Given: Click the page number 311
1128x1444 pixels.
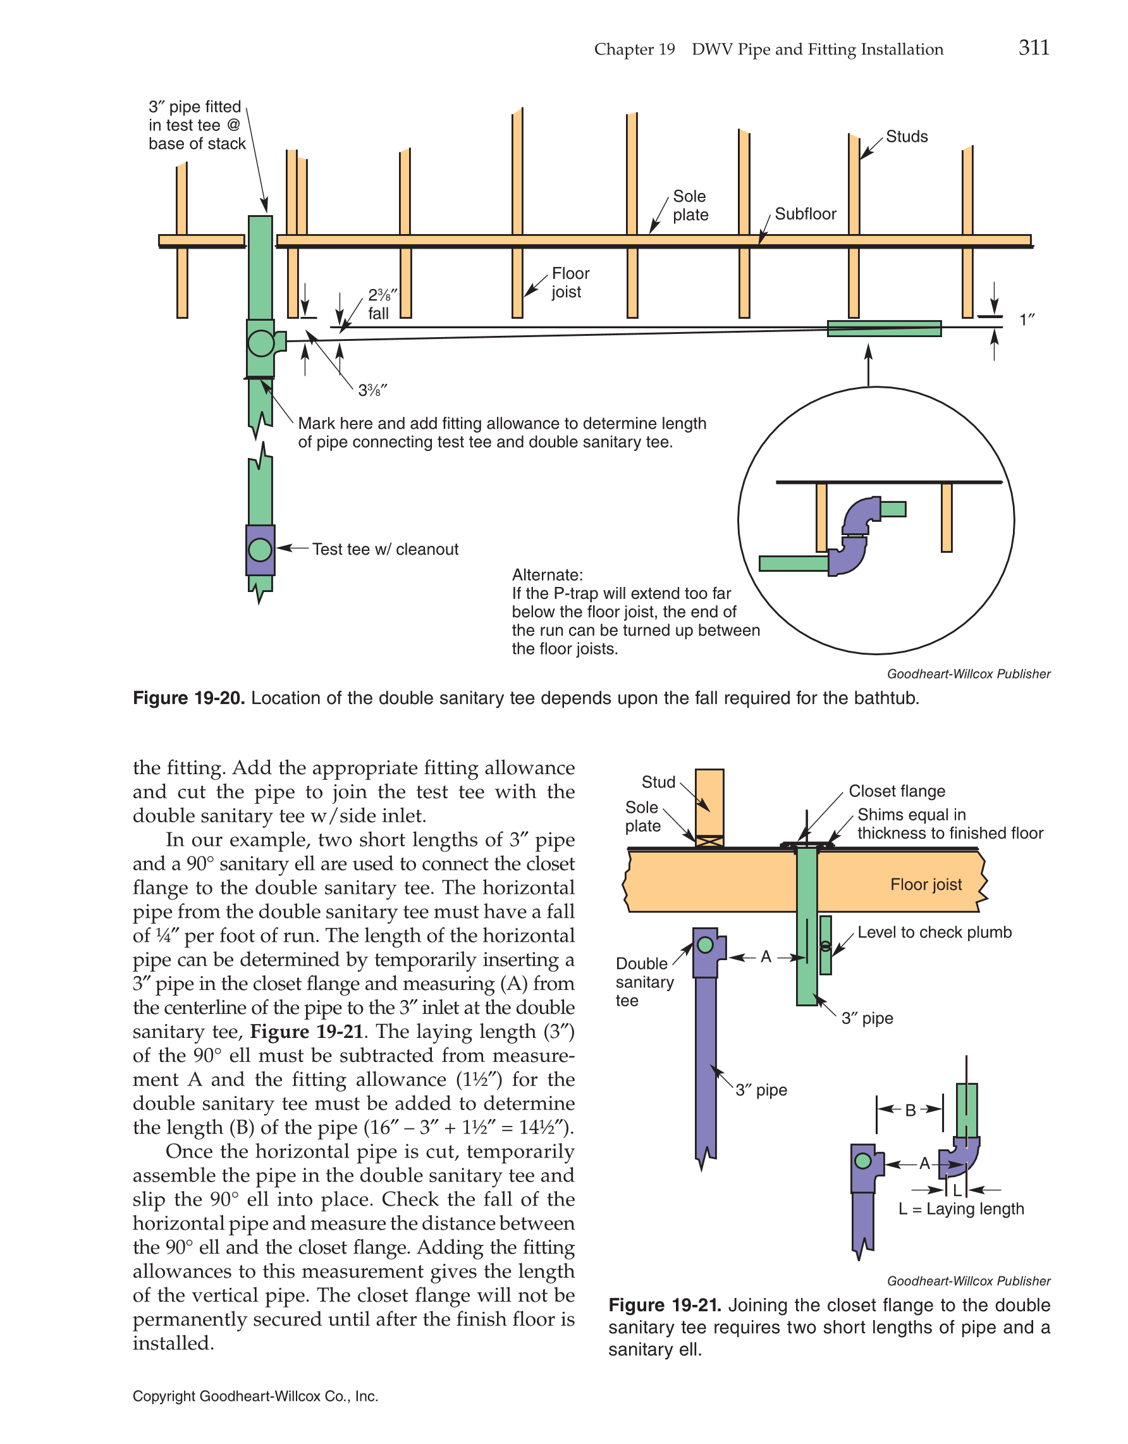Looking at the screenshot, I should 1034,47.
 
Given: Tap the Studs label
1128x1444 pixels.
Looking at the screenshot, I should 906,137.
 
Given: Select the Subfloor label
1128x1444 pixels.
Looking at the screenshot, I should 805,214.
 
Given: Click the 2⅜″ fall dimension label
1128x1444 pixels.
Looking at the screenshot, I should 381,304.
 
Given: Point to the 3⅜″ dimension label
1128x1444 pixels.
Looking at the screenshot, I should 372,391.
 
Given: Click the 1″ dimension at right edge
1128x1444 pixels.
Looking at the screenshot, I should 1026,321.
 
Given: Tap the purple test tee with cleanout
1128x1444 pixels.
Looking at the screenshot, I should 261,550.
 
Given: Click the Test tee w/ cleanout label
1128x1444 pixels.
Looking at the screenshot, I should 384,550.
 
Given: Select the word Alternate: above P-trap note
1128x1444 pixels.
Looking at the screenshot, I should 547,574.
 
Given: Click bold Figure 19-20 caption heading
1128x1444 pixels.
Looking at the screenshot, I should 188,698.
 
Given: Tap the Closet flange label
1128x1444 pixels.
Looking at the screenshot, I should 896,791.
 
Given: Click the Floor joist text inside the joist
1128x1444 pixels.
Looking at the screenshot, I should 925,885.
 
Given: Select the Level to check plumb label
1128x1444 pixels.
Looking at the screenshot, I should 934,932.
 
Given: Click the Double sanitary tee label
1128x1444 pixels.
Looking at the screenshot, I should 644,982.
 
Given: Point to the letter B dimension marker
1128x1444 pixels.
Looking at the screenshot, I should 910,1110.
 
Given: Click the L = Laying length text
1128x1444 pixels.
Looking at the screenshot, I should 960,1209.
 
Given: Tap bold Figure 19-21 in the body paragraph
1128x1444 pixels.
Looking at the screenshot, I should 307,1032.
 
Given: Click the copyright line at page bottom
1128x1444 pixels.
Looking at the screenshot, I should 255,1397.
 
